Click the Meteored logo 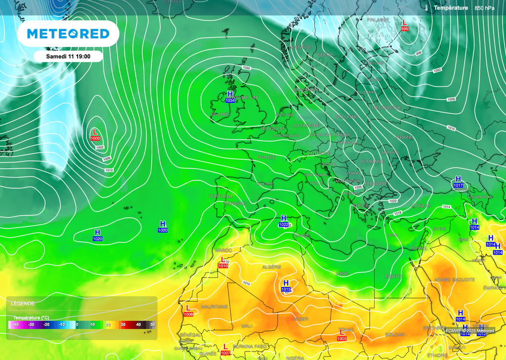[68, 34]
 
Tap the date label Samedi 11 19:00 [68, 56]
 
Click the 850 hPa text [485, 8]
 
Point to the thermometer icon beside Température [426, 7]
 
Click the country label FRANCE [266, 157]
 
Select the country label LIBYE [342, 273]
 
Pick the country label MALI [247, 326]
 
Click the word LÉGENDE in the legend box [23, 303]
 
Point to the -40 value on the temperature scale [16, 324]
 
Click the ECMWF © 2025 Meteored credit [469, 331]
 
